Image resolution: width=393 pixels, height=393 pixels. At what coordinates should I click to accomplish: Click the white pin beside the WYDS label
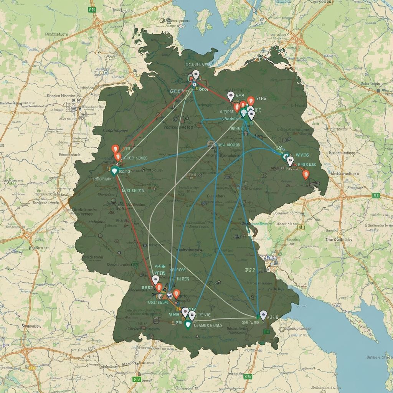(x=290, y=160)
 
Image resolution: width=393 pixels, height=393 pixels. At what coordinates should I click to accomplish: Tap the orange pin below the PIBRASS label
(x=305, y=175)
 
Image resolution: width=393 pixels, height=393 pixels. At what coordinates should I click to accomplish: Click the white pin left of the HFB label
(x=231, y=96)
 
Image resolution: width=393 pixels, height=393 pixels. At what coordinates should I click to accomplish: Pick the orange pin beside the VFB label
(x=251, y=101)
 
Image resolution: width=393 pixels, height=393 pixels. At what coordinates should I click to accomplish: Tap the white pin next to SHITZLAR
(x=263, y=315)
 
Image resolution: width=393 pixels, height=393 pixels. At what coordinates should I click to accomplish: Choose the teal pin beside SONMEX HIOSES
(x=188, y=325)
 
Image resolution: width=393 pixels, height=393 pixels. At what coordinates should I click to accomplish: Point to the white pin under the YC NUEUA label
(x=196, y=74)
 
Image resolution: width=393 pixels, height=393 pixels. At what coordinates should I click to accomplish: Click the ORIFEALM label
(x=157, y=302)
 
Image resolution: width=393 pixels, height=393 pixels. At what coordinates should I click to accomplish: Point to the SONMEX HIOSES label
(x=207, y=325)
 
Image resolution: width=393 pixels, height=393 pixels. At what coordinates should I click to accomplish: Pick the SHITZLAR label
(x=251, y=322)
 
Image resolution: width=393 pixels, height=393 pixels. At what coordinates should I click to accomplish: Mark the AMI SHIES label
(x=133, y=190)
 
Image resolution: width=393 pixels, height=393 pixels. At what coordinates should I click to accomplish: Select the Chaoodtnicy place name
(x=339, y=239)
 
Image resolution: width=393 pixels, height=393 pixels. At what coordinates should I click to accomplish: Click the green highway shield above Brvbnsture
(x=92, y=10)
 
